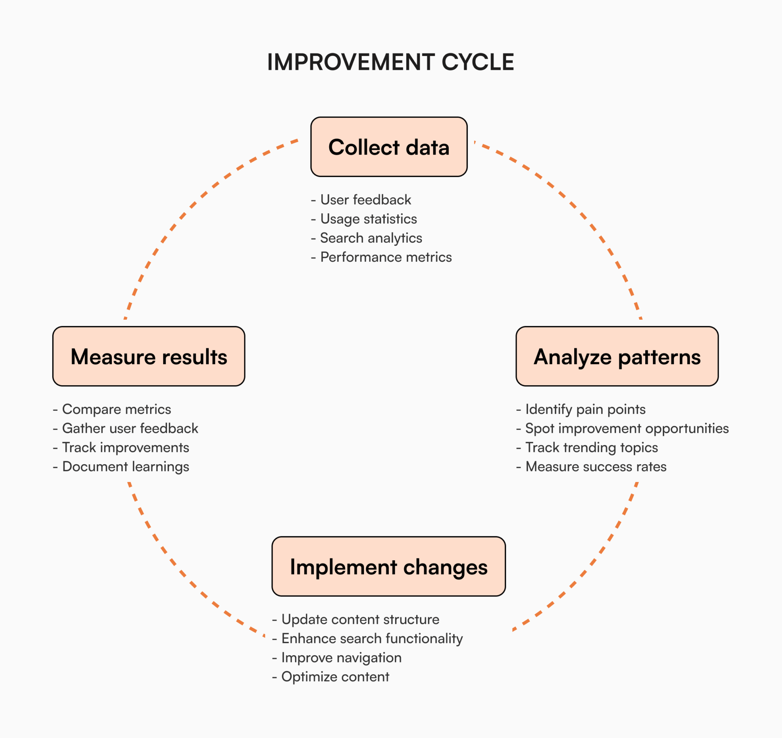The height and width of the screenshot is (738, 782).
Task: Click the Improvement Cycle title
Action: click(391, 62)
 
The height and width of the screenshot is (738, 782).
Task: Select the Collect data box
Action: click(389, 147)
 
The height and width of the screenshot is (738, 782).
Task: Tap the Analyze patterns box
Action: click(617, 356)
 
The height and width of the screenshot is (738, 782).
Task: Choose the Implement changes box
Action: click(388, 566)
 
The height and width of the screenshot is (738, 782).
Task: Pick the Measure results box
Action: click(149, 356)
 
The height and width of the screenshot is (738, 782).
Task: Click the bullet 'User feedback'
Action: click(365, 200)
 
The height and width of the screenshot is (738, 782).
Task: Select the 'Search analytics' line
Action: click(370, 238)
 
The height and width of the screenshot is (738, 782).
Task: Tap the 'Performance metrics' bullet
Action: click(386, 257)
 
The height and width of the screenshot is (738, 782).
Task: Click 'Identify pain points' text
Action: click(585, 410)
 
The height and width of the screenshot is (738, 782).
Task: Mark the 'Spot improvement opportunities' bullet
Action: click(627, 428)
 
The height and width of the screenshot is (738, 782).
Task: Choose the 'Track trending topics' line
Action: click(591, 448)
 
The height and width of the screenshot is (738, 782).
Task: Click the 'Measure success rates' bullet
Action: click(595, 467)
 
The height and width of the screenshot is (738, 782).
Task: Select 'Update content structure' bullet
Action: click(360, 620)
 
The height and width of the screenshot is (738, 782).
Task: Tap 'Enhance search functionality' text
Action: click(372, 638)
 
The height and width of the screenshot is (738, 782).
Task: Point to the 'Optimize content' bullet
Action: click(335, 677)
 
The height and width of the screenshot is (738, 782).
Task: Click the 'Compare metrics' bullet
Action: click(116, 410)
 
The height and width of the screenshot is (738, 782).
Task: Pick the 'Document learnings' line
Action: click(126, 467)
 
